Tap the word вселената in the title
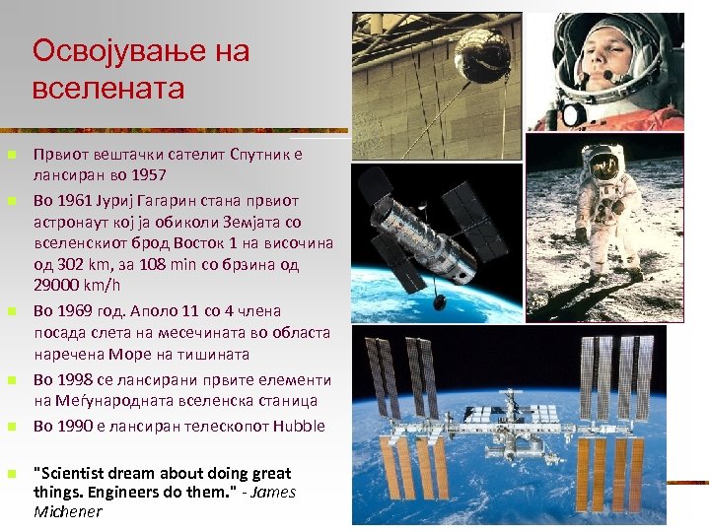point(108,89)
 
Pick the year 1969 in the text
point(78,310)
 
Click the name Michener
point(68,511)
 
